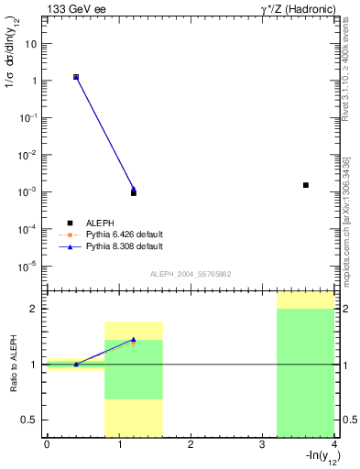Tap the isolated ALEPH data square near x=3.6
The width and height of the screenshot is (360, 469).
pyautogui.click(x=306, y=185)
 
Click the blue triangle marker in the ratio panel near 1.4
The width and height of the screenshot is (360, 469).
pyautogui.click(x=134, y=340)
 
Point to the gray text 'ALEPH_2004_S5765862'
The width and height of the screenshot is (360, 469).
pyautogui.click(x=191, y=274)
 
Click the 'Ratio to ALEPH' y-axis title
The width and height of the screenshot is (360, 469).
pyautogui.click(x=15, y=365)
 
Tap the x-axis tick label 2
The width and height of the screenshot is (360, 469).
pyautogui.click(x=190, y=444)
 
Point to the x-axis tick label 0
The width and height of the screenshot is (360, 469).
pyautogui.click(x=46, y=444)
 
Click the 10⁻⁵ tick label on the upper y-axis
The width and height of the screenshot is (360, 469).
pyautogui.click(x=30, y=267)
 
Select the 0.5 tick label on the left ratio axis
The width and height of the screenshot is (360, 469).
pyautogui.click(x=31, y=420)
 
